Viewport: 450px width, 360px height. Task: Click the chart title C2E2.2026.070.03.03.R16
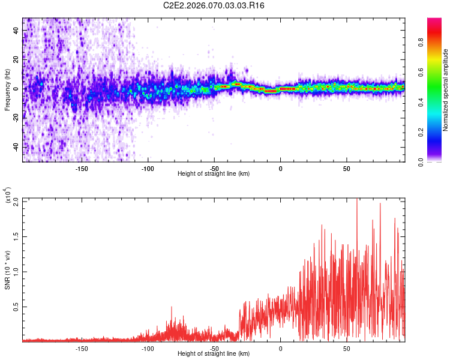[214, 5]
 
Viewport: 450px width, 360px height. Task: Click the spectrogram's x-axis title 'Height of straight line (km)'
[214, 173]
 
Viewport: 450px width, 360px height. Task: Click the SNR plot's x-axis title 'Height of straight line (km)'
[214, 353]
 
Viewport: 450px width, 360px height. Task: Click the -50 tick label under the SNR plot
[214, 347]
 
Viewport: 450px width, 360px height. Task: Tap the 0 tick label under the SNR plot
[280, 347]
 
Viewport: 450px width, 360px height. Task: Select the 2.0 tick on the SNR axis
[16, 201]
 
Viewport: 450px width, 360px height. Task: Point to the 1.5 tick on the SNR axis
[16, 236]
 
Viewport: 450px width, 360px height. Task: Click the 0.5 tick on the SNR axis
[16, 307]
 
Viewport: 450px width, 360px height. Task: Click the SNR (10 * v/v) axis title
[7, 270]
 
